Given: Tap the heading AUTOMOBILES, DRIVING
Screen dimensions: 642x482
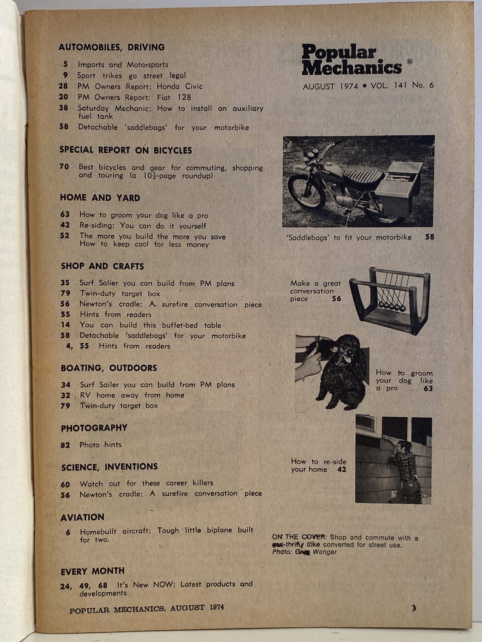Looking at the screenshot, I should point(111,47).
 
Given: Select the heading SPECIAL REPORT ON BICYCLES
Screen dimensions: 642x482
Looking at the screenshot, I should point(126,150).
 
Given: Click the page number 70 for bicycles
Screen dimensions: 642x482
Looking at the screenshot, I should point(64,167).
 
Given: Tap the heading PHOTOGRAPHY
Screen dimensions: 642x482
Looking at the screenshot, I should point(94,428).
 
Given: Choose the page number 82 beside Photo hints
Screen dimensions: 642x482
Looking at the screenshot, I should point(65,445).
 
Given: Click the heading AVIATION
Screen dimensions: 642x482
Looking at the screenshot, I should point(82,517).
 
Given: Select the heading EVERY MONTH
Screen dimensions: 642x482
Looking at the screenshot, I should point(92,571).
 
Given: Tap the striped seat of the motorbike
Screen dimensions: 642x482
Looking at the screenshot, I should point(363,176).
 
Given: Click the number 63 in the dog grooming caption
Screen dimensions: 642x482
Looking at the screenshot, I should point(428,389).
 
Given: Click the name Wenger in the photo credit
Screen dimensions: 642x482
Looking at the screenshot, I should point(325,552).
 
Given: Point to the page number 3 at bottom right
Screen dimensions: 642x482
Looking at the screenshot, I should point(413,608).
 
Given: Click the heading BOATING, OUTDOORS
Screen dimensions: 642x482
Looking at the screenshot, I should point(109,368).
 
